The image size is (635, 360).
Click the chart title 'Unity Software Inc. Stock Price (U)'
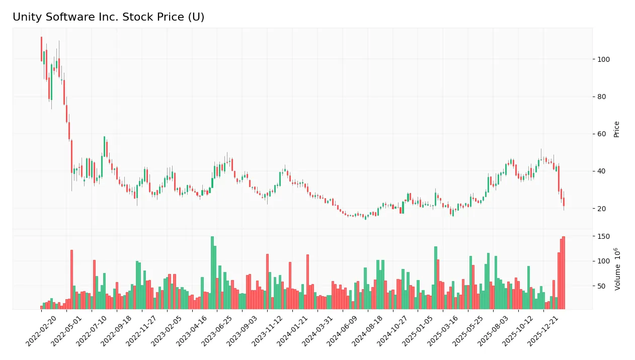tap(108, 17)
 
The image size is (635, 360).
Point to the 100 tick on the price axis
tap(604, 59)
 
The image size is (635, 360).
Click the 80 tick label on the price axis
tap(602, 97)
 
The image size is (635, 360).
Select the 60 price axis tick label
tap(602, 134)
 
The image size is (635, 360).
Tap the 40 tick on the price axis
tap(602, 171)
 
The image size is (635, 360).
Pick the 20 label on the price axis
tap(602, 208)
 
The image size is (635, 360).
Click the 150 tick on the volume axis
tap(604, 236)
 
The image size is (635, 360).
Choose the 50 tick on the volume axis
tap(602, 286)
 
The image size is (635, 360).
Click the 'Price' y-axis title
tap(616, 129)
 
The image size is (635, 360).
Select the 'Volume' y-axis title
tap(617, 269)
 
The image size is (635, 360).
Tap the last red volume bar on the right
tap(564, 273)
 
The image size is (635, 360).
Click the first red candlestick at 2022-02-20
tap(41, 49)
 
